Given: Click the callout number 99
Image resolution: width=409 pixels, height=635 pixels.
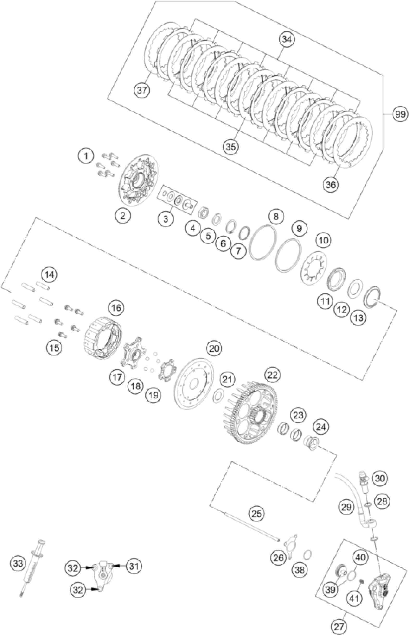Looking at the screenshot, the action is click(x=400, y=114).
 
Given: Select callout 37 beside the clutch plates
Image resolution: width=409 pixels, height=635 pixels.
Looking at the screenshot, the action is click(x=142, y=90).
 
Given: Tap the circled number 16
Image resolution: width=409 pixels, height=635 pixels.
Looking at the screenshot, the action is click(x=116, y=308).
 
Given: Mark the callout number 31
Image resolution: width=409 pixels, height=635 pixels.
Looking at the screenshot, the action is click(x=134, y=566).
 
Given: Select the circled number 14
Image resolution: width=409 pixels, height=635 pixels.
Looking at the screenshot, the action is click(x=49, y=274).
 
